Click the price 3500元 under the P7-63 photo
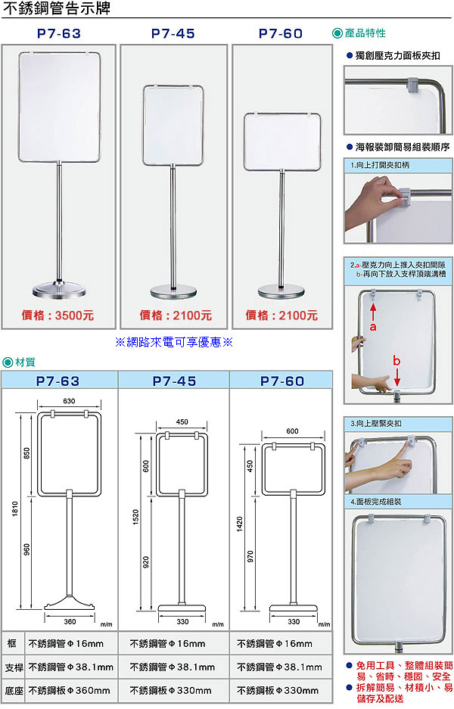(x=74, y=316)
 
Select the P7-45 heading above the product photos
(x=173, y=33)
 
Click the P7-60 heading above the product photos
(x=281, y=33)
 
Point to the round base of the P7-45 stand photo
(x=173, y=291)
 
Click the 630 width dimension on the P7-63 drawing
(x=69, y=401)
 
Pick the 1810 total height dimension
(x=15, y=509)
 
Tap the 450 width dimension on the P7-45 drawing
(x=182, y=422)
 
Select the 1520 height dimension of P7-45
(x=135, y=518)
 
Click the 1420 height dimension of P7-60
(x=240, y=524)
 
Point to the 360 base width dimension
(x=70, y=622)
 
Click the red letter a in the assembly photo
(x=373, y=326)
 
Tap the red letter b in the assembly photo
(x=396, y=360)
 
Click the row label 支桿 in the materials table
(x=14, y=667)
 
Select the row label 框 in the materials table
(x=12, y=643)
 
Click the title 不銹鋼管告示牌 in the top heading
(x=57, y=8)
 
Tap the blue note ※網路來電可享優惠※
(x=174, y=342)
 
